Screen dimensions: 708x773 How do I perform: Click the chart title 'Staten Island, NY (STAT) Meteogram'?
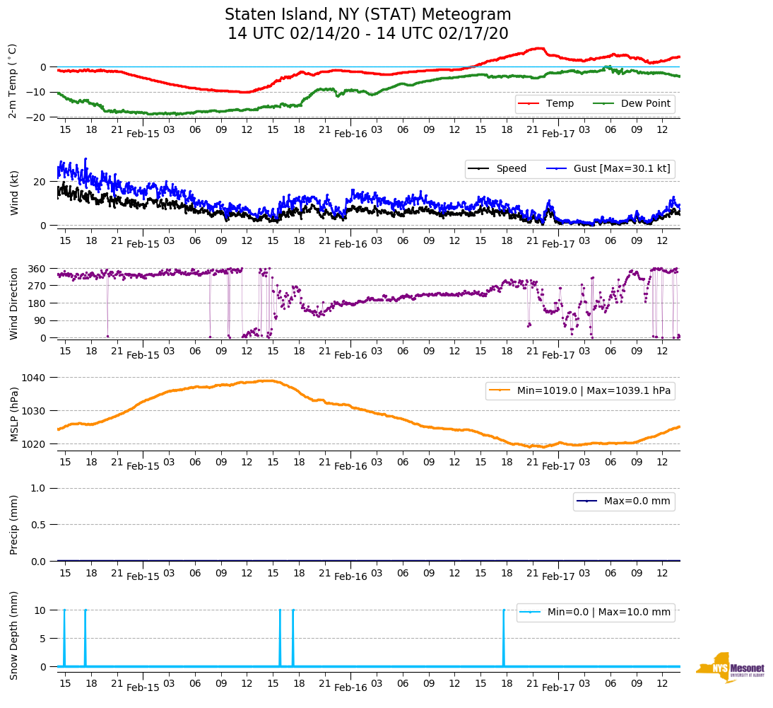(x=367, y=15)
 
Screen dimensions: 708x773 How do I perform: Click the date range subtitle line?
(x=367, y=34)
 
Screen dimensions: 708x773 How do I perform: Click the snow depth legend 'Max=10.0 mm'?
(x=610, y=613)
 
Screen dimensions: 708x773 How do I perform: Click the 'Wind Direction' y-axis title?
(x=13, y=303)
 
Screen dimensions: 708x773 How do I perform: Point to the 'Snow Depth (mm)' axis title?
(x=13, y=635)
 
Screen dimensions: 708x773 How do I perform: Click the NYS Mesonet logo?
(x=731, y=668)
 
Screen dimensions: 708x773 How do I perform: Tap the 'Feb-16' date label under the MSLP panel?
(x=350, y=466)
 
